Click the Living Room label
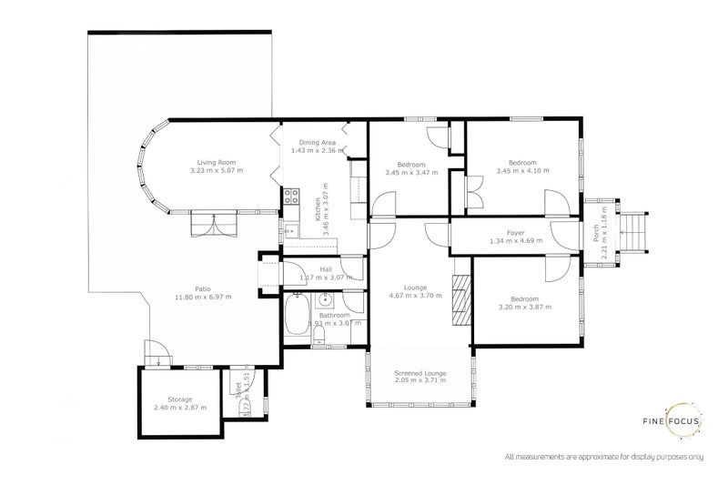click(217, 162)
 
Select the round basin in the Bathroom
click(326, 302)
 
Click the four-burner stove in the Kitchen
click(293, 195)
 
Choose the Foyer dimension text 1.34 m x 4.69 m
click(515, 241)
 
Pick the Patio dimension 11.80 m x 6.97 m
click(204, 297)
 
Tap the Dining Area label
click(314, 143)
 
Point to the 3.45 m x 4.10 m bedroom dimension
click(521, 171)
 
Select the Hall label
click(323, 269)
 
